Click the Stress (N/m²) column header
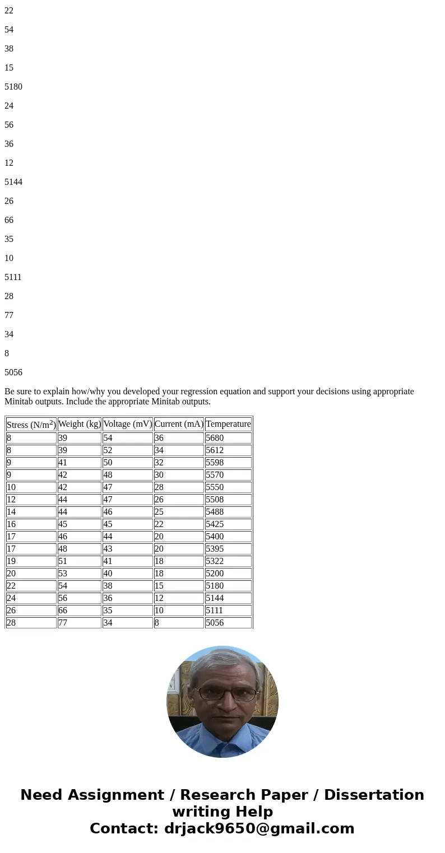coord(31,425)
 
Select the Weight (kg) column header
coord(79,424)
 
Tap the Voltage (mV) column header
coord(127,424)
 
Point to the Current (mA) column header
coord(178,424)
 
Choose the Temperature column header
coord(228,424)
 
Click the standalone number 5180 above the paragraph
coord(13,87)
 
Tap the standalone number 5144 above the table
coord(13,182)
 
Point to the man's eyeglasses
coord(222,694)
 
